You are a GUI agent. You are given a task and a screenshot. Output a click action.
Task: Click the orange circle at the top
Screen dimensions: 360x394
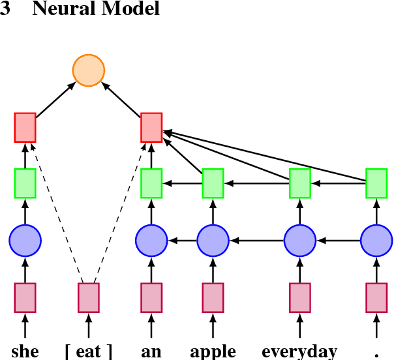click(x=88, y=71)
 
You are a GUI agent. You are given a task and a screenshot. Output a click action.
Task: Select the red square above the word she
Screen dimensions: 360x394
click(x=25, y=127)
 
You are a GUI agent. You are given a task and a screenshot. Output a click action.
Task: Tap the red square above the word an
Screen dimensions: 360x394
click(x=151, y=127)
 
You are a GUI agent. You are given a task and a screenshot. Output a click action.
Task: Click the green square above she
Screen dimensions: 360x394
click(x=25, y=183)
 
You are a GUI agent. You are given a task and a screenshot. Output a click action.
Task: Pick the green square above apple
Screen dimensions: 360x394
click(x=213, y=183)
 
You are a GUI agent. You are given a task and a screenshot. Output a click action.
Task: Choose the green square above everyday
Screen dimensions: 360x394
click(x=300, y=183)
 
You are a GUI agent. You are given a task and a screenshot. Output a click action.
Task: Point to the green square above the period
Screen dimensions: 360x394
click(x=376, y=183)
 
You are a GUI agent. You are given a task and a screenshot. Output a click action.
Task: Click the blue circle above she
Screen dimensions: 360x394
click(x=25, y=240)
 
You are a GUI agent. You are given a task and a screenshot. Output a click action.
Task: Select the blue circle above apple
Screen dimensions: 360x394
click(x=213, y=240)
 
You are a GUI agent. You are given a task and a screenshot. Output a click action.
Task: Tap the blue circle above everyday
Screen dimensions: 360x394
click(x=300, y=240)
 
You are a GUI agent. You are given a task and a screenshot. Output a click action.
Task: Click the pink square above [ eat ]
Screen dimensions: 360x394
click(x=89, y=297)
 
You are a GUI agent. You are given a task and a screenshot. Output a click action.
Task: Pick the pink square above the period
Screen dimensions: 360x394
click(x=376, y=297)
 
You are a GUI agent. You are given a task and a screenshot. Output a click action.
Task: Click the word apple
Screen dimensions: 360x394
click(x=213, y=352)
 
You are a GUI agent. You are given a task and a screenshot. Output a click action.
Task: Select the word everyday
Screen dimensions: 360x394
click(x=299, y=352)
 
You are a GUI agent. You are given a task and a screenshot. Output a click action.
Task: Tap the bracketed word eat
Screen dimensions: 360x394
click(x=89, y=352)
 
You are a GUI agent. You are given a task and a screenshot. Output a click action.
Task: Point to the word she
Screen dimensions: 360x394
click(x=25, y=352)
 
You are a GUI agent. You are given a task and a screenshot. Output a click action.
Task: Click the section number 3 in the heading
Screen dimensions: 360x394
click(x=5, y=10)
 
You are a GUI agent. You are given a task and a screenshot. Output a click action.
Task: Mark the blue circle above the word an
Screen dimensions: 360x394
click(x=151, y=240)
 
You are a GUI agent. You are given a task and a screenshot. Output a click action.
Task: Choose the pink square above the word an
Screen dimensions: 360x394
click(x=151, y=297)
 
